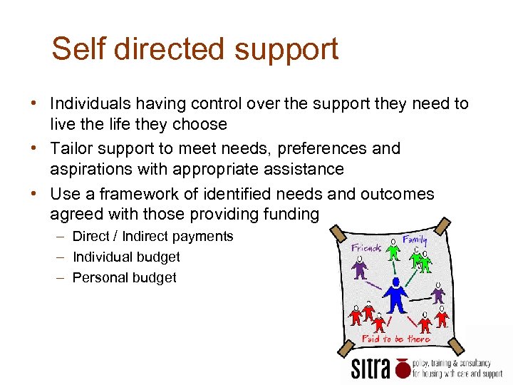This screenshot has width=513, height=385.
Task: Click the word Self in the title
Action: [77, 49]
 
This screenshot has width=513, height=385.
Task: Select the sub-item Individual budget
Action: [126, 257]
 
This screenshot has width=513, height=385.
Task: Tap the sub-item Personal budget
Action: [124, 277]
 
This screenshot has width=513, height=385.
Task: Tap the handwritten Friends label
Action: [367, 247]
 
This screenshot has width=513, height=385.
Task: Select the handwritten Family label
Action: [415, 241]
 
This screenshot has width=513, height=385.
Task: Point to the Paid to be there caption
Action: [395, 339]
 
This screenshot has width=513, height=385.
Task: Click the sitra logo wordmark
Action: [372, 369]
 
